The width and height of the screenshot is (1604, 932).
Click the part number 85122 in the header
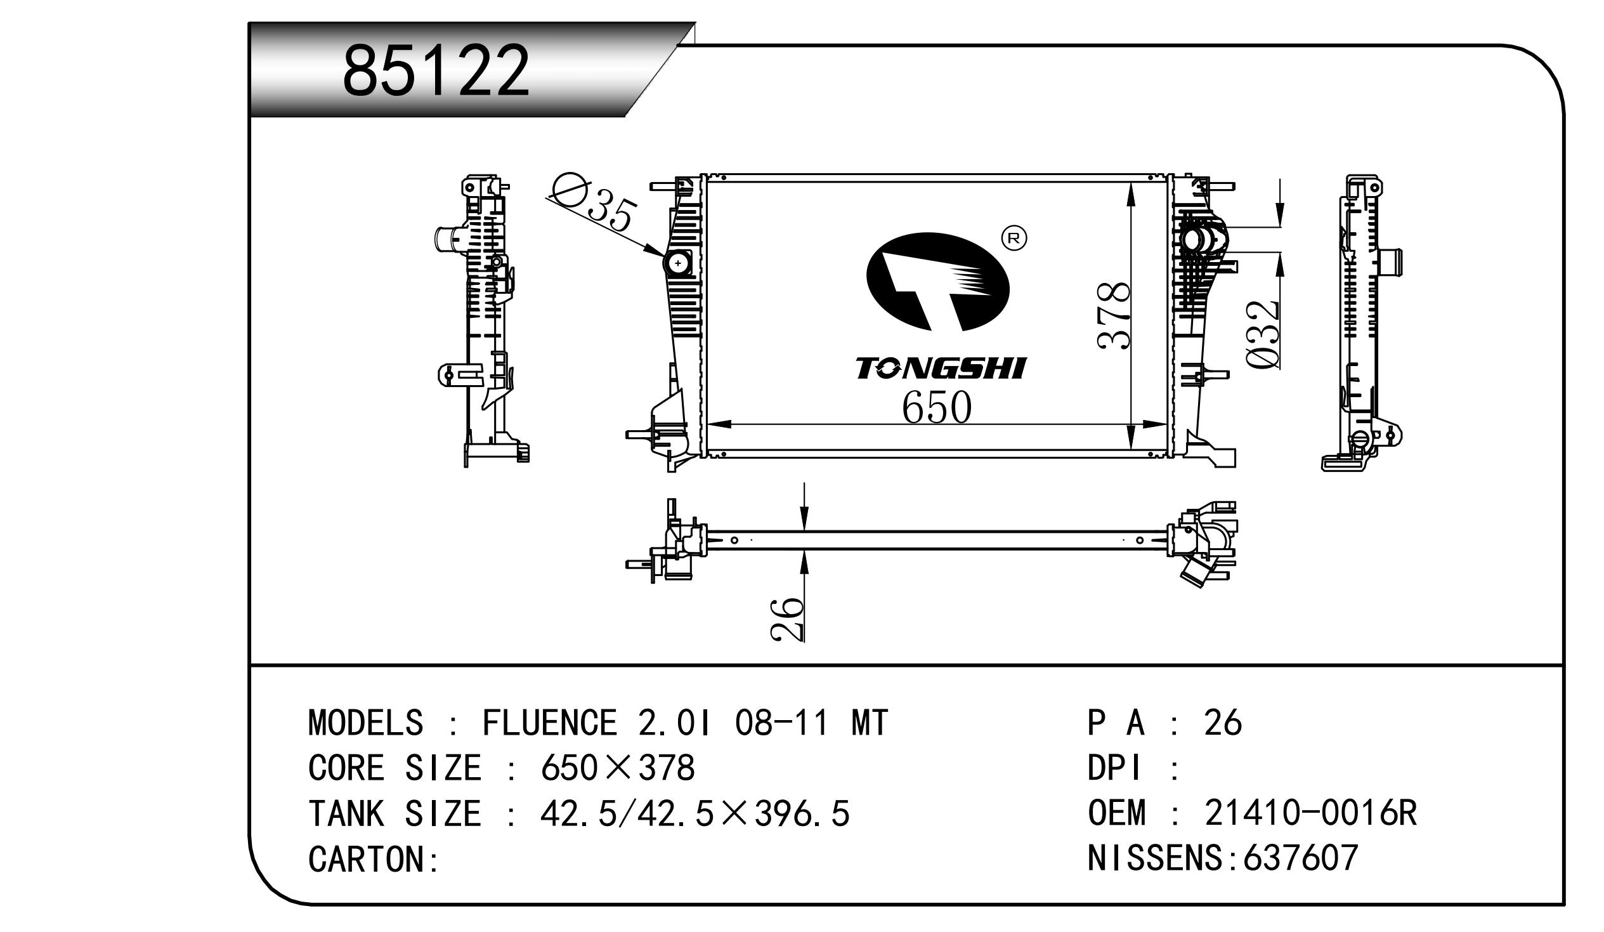pyautogui.click(x=436, y=70)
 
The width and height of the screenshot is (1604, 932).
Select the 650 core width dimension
pyautogui.click(x=936, y=407)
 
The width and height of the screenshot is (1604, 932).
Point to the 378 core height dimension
pyautogui.click(x=1114, y=315)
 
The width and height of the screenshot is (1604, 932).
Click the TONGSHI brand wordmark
pyautogui.click(x=940, y=369)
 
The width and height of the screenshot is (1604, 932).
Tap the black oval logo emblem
pyautogui.click(x=937, y=282)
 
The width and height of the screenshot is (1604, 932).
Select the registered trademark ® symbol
pyautogui.click(x=1015, y=238)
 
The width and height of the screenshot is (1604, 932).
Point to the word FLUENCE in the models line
pyautogui.click(x=549, y=723)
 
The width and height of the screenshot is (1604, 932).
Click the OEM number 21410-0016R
pyautogui.click(x=1310, y=813)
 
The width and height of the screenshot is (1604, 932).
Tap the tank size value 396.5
pyautogui.click(x=801, y=813)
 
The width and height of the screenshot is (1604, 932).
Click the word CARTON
pyautogui.click(x=367, y=860)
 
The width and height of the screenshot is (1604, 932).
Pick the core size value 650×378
pyautogui.click(x=617, y=768)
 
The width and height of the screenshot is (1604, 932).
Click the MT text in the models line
pyautogui.click(x=870, y=723)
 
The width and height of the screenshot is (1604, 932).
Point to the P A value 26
pyautogui.click(x=1223, y=723)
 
